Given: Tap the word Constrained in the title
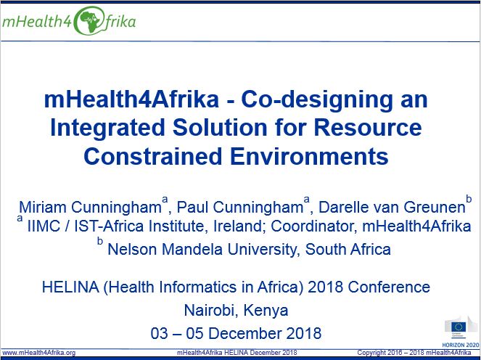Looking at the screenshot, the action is [153, 156].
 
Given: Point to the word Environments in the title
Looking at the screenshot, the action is [309, 156].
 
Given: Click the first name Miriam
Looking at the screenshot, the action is [43, 207].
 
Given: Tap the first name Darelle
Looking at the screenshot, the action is [340, 207].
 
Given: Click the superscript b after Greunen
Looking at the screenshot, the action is [469, 199].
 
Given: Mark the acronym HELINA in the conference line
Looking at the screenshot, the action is [70, 287].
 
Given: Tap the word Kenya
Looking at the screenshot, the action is [266, 311].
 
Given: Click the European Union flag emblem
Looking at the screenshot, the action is [459, 327].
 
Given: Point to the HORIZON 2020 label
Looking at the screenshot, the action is [461, 345].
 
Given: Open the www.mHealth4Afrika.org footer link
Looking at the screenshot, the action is [38, 353].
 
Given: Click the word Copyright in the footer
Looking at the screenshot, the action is [370, 353].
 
